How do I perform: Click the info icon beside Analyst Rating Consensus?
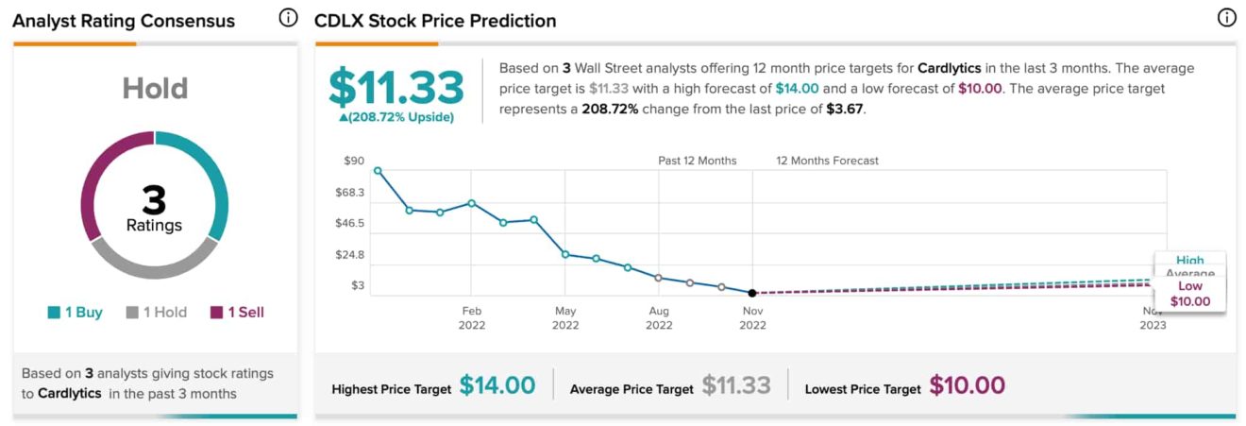[x=288, y=18]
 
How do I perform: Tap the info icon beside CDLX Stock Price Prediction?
[x=1226, y=18]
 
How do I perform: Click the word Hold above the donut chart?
[x=155, y=89]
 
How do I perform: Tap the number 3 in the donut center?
[x=154, y=199]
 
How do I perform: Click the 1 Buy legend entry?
[x=75, y=312]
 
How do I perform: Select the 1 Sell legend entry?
[x=237, y=312]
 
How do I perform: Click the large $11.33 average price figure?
[x=396, y=87]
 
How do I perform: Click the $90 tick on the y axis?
[x=354, y=161]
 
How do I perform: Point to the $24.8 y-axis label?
[x=350, y=254]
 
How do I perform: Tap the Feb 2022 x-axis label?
[x=472, y=317]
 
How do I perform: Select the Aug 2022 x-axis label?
[x=659, y=317]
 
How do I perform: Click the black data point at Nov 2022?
[x=752, y=293]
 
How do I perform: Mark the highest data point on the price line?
[x=378, y=171]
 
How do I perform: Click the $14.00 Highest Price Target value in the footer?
[x=497, y=385]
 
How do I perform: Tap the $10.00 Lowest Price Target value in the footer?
[x=967, y=385]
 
